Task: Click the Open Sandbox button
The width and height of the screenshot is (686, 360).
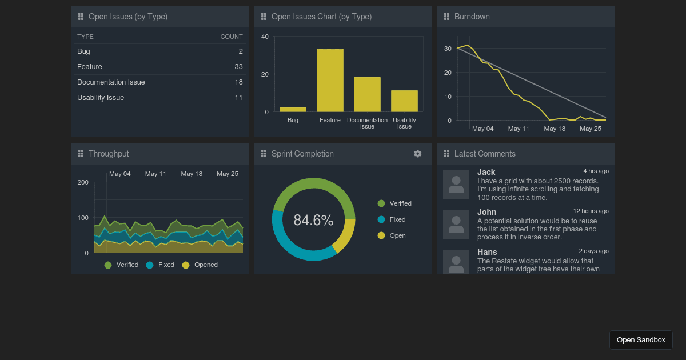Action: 641,340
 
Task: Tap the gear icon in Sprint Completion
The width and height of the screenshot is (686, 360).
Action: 418,154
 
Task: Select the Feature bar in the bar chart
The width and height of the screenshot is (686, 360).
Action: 330,80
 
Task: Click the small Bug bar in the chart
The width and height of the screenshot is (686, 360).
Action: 293,109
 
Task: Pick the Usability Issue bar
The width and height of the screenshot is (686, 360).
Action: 404,101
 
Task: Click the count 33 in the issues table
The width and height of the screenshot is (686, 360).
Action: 238,67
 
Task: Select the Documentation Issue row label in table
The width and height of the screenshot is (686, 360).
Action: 111,82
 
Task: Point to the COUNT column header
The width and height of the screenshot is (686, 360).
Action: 232,37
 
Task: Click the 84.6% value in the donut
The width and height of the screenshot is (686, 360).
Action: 313,220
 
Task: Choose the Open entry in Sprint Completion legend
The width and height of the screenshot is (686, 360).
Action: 397,235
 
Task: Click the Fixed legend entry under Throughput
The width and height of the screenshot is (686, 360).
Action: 166,265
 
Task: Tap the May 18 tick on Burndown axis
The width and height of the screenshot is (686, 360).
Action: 555,129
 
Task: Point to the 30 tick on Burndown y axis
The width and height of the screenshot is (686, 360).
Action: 448,49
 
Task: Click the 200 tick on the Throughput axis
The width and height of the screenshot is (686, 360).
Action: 83,182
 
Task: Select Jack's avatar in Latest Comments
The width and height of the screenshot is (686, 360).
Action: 456,185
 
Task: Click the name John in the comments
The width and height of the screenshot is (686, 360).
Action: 487,212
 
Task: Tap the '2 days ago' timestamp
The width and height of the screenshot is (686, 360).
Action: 593,251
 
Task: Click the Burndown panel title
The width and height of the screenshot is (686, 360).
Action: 472,17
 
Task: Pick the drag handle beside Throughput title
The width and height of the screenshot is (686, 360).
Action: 81,154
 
